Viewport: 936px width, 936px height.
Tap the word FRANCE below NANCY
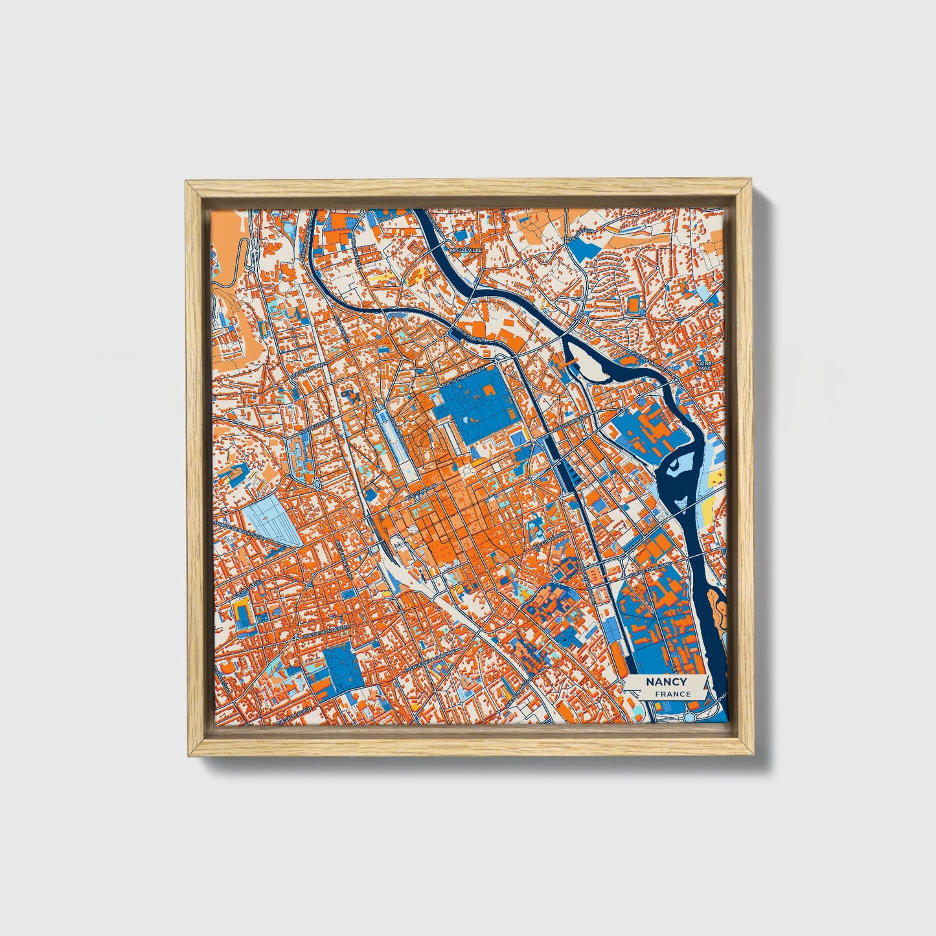[x=672, y=694]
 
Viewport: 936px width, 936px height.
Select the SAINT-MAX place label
[x=704, y=367]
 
